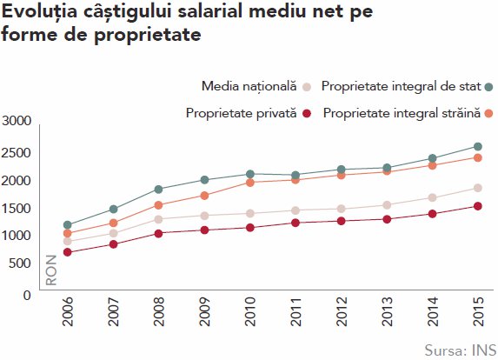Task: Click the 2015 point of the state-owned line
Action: click(478, 146)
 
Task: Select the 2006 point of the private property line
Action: click(67, 252)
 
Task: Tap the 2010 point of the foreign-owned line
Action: click(250, 183)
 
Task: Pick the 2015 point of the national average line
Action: click(478, 188)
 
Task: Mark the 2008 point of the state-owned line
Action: click(158, 190)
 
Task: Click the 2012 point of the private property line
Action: click(341, 221)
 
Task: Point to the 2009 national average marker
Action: click(204, 216)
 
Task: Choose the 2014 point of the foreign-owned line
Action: click(432, 165)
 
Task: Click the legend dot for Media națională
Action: click(307, 87)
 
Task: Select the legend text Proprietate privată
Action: click(241, 113)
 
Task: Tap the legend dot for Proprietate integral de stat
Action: click(489, 87)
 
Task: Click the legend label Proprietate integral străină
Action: click(402, 113)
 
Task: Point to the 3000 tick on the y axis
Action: click(17, 121)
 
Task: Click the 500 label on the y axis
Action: click(20, 263)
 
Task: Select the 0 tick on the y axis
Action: click(27, 295)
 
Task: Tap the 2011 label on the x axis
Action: click(296, 311)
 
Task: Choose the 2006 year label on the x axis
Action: click(68, 311)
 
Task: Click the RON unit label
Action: click(51, 270)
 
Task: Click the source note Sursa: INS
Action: click(461, 350)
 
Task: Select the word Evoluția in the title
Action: click(39, 12)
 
